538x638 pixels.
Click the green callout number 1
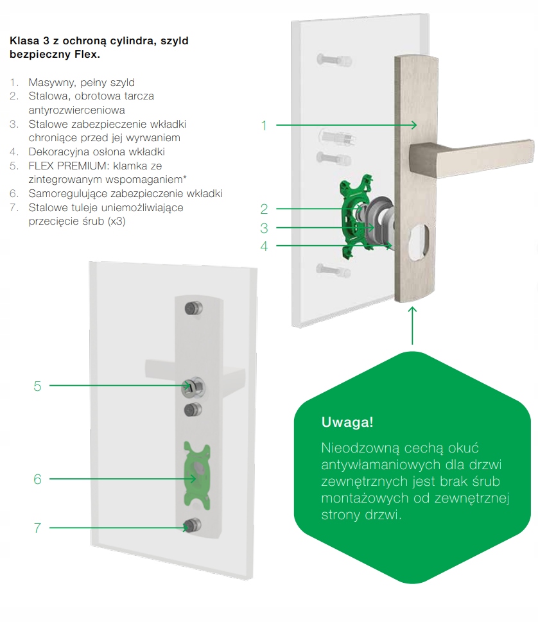[x=264, y=125]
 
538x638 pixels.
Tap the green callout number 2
[x=264, y=209]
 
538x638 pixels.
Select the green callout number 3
[x=264, y=228]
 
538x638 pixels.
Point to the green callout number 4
[x=264, y=246]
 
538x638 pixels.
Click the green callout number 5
[x=37, y=386]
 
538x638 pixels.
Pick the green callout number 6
[x=37, y=479]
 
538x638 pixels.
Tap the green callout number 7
[x=37, y=528]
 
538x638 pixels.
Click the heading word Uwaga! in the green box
[x=347, y=423]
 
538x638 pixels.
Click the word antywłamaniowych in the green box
[x=379, y=463]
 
